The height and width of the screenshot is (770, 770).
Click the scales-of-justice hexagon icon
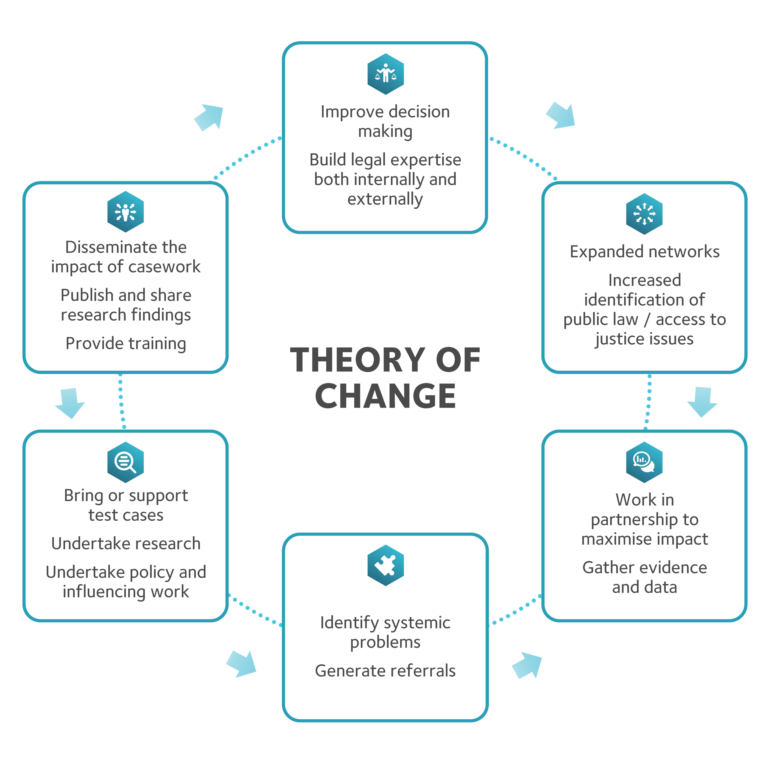385,74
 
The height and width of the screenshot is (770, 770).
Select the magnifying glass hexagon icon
126,462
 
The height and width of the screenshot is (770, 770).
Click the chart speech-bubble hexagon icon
644,462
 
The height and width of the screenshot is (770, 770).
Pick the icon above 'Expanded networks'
644,214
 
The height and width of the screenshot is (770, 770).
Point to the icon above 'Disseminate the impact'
126,212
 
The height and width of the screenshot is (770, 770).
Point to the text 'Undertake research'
126,544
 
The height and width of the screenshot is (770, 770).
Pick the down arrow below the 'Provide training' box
70,403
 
